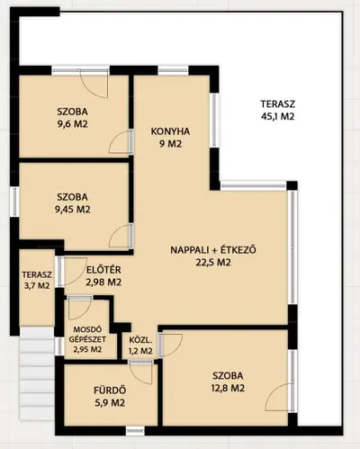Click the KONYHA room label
[x=170, y=131]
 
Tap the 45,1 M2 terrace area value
[x=277, y=116]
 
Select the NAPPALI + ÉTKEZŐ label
[x=213, y=250]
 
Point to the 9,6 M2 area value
[x=73, y=124]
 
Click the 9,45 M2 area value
[x=73, y=209]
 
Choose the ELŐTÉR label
[x=103, y=270]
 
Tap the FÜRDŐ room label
[x=110, y=391]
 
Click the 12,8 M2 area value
[x=228, y=388]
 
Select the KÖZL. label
[x=140, y=340]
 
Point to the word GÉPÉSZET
[x=87, y=339]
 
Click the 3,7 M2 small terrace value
[x=37, y=285]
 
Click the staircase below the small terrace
[x=37, y=373]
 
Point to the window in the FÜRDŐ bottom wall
[x=135, y=431]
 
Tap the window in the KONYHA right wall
[x=214, y=121]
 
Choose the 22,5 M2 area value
[x=213, y=263]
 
